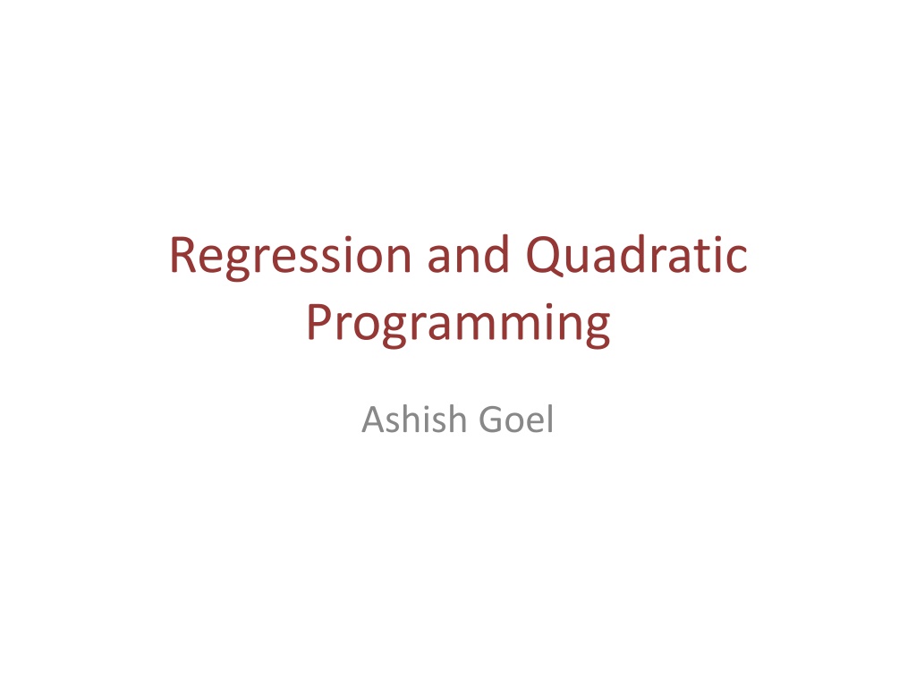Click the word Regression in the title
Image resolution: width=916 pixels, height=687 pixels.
pos(291,257)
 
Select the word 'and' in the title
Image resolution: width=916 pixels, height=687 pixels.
pos(468,254)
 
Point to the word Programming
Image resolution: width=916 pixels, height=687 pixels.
pos(459,325)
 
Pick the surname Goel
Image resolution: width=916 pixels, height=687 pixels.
pos(516,419)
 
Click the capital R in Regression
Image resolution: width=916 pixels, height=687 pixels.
pos(182,255)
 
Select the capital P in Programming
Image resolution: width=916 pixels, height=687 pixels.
pos(319,322)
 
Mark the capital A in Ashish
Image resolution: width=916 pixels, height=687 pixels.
pos(375,420)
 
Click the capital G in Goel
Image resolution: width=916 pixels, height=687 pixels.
pos(491,420)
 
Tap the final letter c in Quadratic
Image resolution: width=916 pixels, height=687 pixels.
pos(737,260)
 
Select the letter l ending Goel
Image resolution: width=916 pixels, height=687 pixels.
pos(550,419)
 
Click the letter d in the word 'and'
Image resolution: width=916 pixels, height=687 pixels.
pos(496,255)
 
